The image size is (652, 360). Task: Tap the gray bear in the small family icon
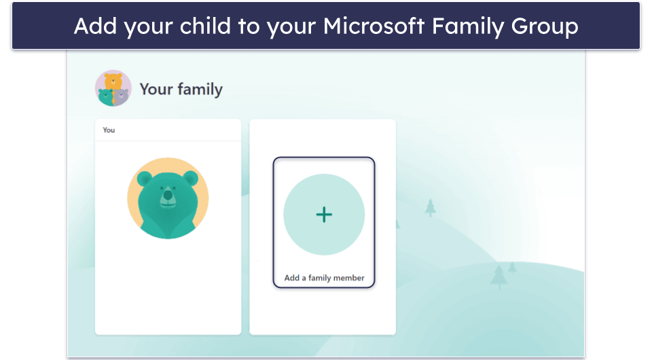pyautogui.click(x=122, y=96)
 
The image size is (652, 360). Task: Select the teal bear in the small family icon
pyautogui.click(x=105, y=96)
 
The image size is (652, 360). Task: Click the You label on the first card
pyautogui.click(x=109, y=130)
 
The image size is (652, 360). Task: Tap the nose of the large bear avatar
pyautogui.click(x=167, y=198)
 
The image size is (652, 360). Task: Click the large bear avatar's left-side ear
pyautogui.click(x=144, y=179)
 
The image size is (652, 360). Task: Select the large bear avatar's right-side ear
pyautogui.click(x=190, y=179)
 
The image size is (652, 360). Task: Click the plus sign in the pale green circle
pyautogui.click(x=324, y=215)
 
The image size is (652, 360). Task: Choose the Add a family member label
pyautogui.click(x=324, y=278)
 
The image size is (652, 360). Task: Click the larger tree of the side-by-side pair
pyautogui.click(x=499, y=276)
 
